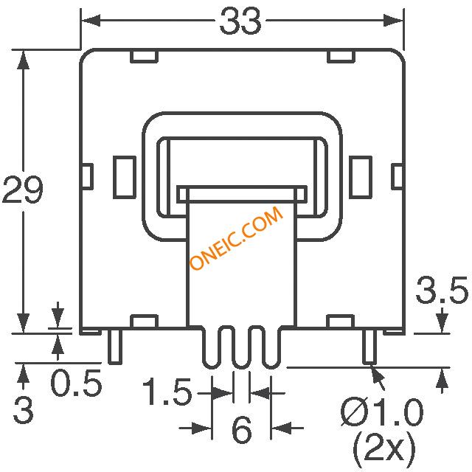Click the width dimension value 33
click(240, 21)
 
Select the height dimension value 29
click(23, 190)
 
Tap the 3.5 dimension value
click(442, 290)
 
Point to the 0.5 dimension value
click(77, 383)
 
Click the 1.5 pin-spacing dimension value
click(167, 392)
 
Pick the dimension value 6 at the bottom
click(242, 429)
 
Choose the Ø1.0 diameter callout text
click(382, 413)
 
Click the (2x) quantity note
click(384, 448)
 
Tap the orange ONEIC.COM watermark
click(237, 238)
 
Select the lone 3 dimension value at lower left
click(23, 410)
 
